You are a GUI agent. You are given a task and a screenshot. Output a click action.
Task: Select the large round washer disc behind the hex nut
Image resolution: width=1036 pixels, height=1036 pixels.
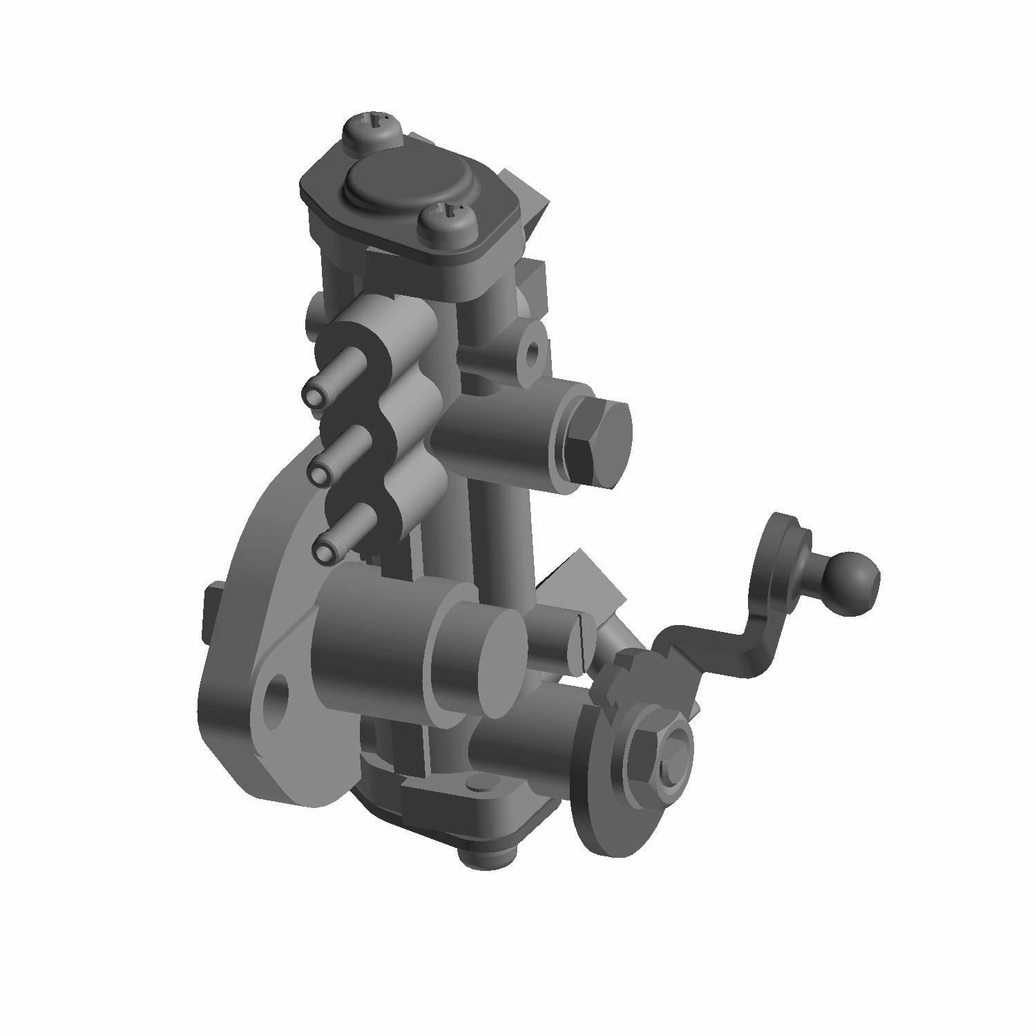601,808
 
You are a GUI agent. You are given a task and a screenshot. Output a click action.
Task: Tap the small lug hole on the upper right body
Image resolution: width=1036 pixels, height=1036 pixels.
533,352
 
